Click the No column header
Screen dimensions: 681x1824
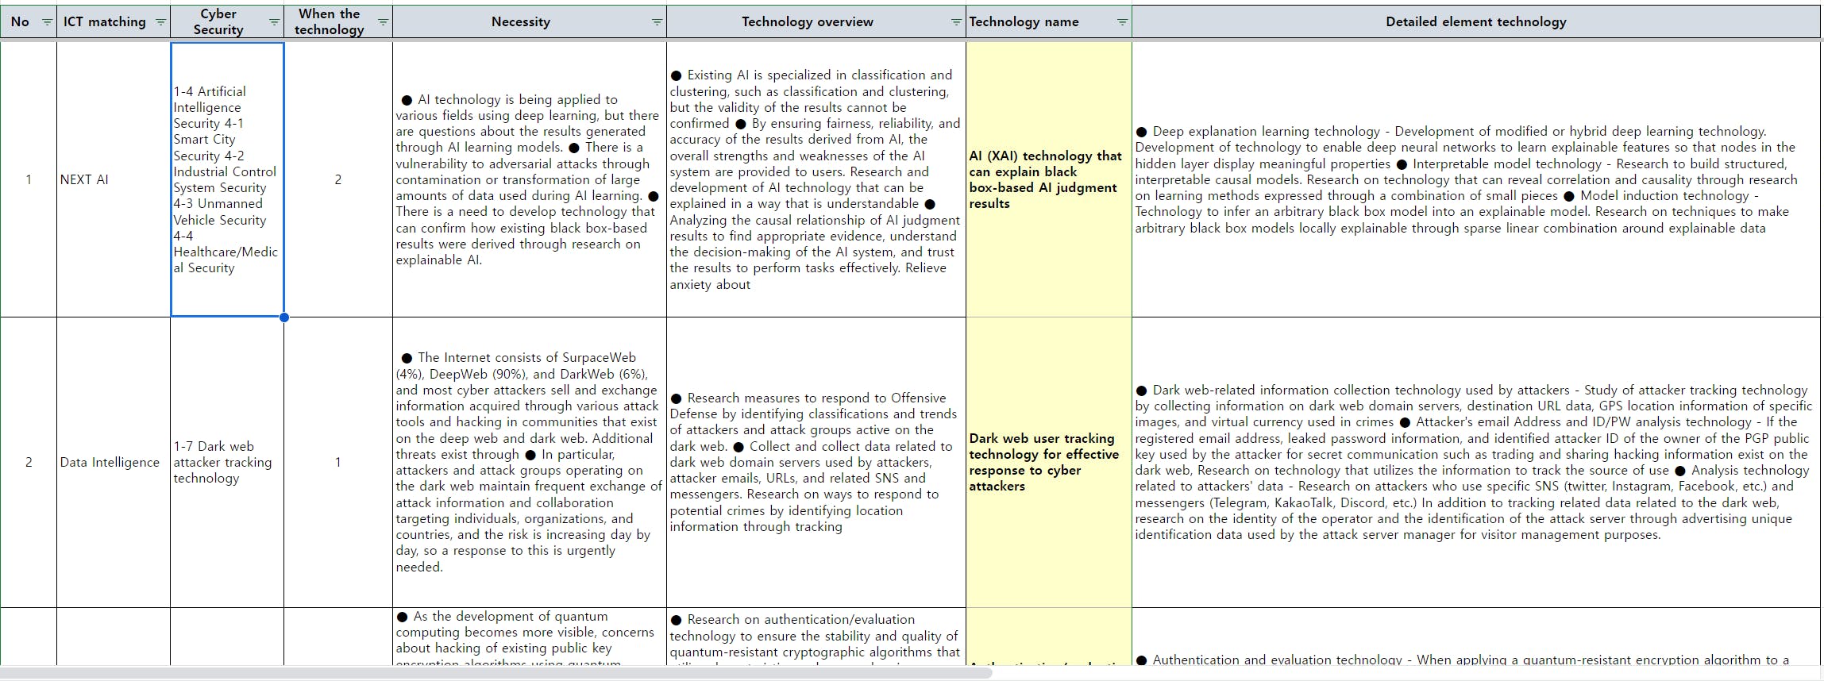click(20, 22)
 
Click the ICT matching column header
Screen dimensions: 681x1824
click(104, 22)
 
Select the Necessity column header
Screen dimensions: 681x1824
click(520, 22)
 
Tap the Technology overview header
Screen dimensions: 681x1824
click(807, 22)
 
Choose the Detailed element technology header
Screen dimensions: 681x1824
click(1475, 22)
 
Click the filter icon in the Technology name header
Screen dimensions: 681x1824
click(1121, 22)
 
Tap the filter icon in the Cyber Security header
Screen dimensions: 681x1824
click(274, 22)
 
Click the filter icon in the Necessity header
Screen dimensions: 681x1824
click(657, 22)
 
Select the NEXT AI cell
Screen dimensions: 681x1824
click(84, 179)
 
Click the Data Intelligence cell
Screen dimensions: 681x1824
click(110, 462)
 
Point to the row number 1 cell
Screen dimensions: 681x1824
click(29, 179)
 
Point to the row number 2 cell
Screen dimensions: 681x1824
click(29, 462)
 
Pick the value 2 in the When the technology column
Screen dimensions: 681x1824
click(337, 179)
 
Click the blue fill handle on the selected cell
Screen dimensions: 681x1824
click(284, 317)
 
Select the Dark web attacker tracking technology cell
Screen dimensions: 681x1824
click(222, 462)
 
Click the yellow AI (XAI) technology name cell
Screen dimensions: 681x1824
click(1045, 179)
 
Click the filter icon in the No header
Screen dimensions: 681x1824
click(47, 22)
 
